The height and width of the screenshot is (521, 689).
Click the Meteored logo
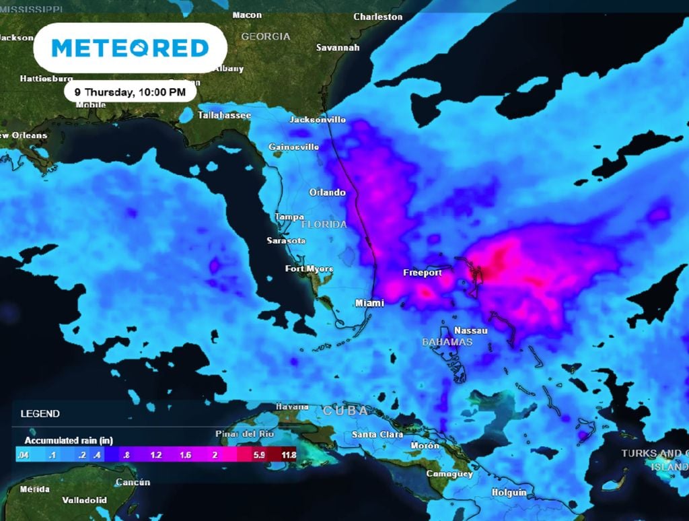point(130,48)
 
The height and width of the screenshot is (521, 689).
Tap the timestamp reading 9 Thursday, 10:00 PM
point(130,92)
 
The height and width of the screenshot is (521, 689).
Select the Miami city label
point(369,303)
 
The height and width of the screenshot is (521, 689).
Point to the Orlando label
point(327,193)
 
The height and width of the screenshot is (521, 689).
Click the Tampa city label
point(290,217)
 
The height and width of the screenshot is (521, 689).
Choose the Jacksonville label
point(318,119)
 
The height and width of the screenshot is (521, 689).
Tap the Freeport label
point(423,273)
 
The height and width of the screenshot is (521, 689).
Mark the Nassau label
point(471,330)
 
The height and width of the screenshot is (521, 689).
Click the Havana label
point(293,407)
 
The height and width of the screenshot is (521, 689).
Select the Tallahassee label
point(224,115)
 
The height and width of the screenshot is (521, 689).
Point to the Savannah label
point(338,48)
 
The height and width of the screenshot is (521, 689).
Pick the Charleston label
point(378,16)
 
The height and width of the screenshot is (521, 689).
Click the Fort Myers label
point(309,269)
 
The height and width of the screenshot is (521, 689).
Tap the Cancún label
point(133,482)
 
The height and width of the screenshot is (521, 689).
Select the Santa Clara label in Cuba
point(377,435)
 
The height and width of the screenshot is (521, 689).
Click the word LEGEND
point(40,413)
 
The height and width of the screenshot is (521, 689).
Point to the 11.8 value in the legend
point(289,455)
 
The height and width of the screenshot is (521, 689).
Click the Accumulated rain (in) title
point(69,440)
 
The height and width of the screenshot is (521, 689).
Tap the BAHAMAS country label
point(447,342)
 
